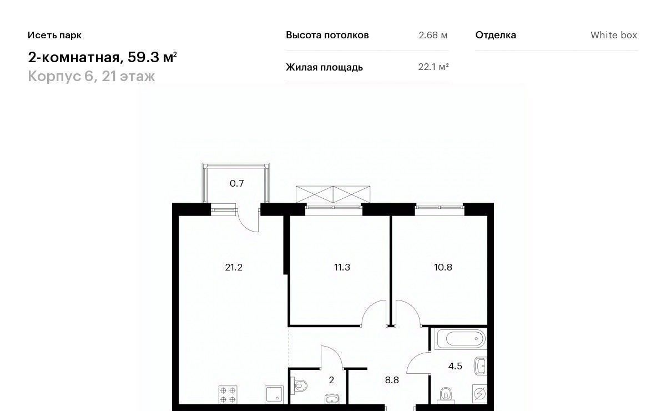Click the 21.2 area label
pyautogui.click(x=234, y=267)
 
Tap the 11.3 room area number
pyautogui.click(x=342, y=267)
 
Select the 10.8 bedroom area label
pyautogui.click(x=443, y=267)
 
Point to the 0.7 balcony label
pyautogui.click(x=236, y=183)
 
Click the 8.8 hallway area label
pyautogui.click(x=392, y=380)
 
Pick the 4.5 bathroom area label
pyautogui.click(x=455, y=366)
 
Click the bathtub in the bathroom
pyautogui.click(x=461, y=339)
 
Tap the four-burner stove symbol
pyautogui.click(x=228, y=395)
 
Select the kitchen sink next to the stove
pyautogui.click(x=274, y=395)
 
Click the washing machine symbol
pyautogui.click(x=480, y=394)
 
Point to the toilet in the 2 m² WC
pyautogui.click(x=299, y=386)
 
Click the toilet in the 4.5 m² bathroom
pyautogui.click(x=445, y=395)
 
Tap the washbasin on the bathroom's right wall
pyautogui.click(x=481, y=365)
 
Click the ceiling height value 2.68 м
pyautogui.click(x=433, y=35)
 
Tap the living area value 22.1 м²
pyautogui.click(x=433, y=67)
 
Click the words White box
pyautogui.click(x=614, y=35)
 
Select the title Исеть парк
pyautogui.click(x=55, y=35)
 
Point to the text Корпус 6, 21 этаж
pyautogui.click(x=91, y=76)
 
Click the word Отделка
pyautogui.click(x=496, y=35)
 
